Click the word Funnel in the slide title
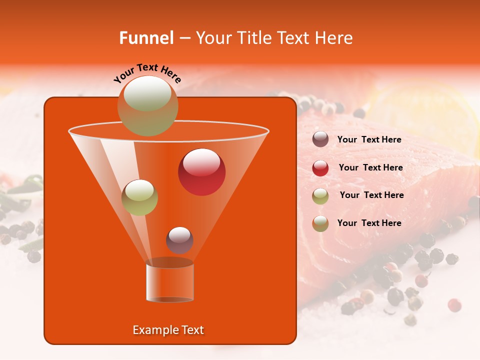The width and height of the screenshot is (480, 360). (146, 38)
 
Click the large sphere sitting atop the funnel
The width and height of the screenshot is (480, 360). (147, 105)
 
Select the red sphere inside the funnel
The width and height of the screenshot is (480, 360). (201, 172)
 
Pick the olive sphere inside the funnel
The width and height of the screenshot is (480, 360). (139, 197)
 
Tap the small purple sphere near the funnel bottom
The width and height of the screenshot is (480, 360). (179, 240)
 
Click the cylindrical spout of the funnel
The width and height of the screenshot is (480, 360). (170, 282)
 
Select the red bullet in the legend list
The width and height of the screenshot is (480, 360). (320, 168)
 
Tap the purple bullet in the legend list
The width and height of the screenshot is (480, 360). (320, 139)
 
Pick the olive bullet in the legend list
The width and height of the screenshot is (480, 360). (320, 196)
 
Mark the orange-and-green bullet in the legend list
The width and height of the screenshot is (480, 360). (320, 223)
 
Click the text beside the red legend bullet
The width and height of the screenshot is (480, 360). (370, 168)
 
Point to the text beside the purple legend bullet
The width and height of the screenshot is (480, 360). (369, 140)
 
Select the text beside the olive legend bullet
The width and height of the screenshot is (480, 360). (371, 195)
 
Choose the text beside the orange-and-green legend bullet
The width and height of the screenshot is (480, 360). (369, 223)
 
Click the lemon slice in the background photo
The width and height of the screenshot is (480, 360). (425, 115)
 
